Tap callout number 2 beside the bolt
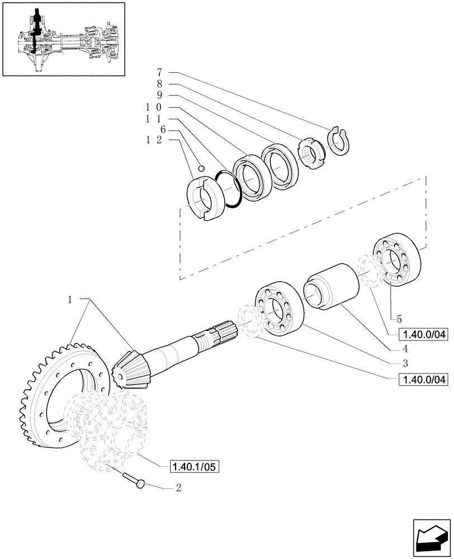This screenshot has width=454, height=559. (178, 487)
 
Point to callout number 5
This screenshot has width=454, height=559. (399, 319)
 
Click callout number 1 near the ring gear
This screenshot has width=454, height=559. (70, 300)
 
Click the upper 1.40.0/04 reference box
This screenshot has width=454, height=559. (423, 335)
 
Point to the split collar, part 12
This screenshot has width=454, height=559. (202, 198)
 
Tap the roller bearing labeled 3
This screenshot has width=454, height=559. (279, 309)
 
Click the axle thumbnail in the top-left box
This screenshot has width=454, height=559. (62, 39)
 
